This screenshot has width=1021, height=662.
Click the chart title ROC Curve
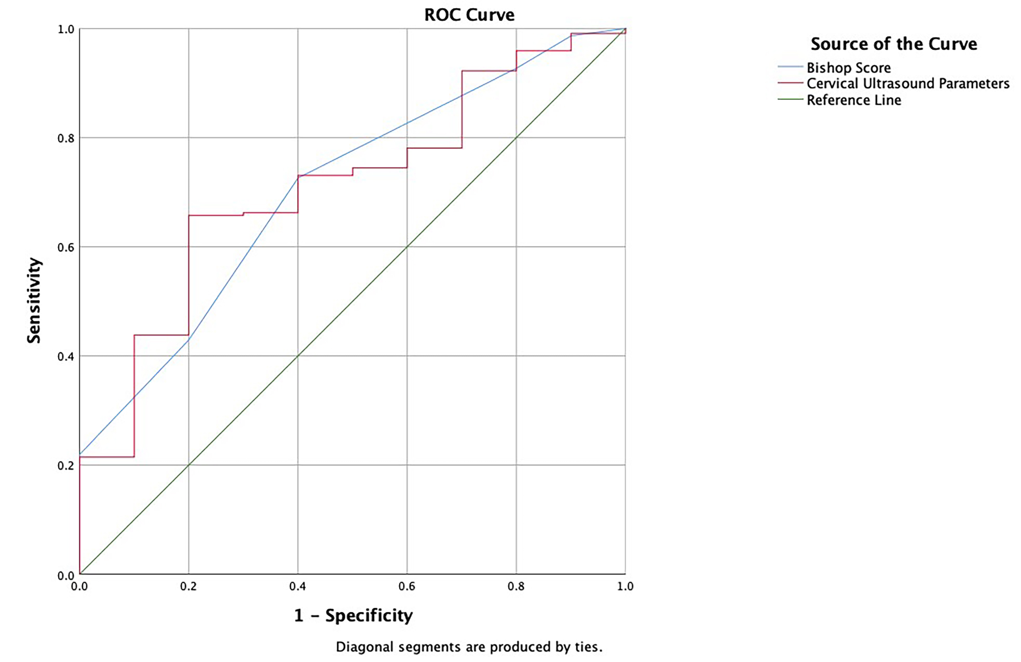[469, 15]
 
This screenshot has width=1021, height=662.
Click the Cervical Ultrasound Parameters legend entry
[908, 83]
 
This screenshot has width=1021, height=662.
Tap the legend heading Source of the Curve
[894, 44]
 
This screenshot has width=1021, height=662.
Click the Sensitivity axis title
[34, 300]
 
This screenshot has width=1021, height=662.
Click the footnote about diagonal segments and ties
[469, 647]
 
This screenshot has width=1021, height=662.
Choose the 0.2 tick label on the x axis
[188, 586]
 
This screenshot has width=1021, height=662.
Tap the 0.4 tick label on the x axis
[298, 586]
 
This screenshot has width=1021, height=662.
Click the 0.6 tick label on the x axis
[407, 586]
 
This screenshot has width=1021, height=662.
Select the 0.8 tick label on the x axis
[516, 586]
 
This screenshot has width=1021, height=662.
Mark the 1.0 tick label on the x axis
[625, 586]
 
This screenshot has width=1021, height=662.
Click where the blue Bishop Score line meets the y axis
[80, 454]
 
